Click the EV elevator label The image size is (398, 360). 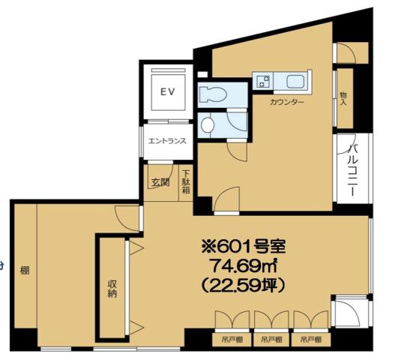pos(168,91)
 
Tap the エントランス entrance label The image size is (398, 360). pos(167,141)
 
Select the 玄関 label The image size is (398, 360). pos(160,182)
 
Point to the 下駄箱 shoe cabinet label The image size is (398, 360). pos(187,182)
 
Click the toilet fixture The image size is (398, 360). pos(213,94)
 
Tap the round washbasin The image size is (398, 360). pos(208,124)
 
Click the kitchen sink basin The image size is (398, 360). pos(297,81)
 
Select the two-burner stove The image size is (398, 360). pos(263,81)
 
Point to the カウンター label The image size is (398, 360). pos(287,103)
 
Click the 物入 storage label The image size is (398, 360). pos(343,99)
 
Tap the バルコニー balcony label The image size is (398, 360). pos(353,170)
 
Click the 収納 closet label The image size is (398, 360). pos(112,289)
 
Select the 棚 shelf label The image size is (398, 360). pos(25,270)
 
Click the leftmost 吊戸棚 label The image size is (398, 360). pos(232,340)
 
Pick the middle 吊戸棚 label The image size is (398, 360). pos(271,340)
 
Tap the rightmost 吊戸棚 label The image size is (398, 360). pos(311,340)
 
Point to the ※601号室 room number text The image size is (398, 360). pos(244,247)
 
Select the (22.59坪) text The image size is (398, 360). pos(243,286)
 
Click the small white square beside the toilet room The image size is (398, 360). pos(202,74)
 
